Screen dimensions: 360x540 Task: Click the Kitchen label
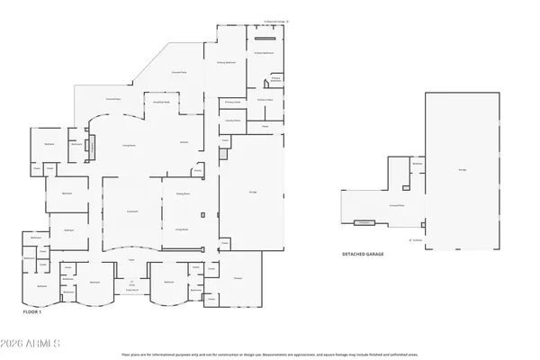coord(184,141)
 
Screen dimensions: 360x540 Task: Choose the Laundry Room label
coord(231,119)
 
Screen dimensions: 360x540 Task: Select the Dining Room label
coord(181,193)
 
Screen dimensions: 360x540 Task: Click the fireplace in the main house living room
coord(88,147)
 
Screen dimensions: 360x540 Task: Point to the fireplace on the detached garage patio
coord(365,223)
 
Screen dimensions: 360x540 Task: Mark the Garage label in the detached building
coord(462,168)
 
